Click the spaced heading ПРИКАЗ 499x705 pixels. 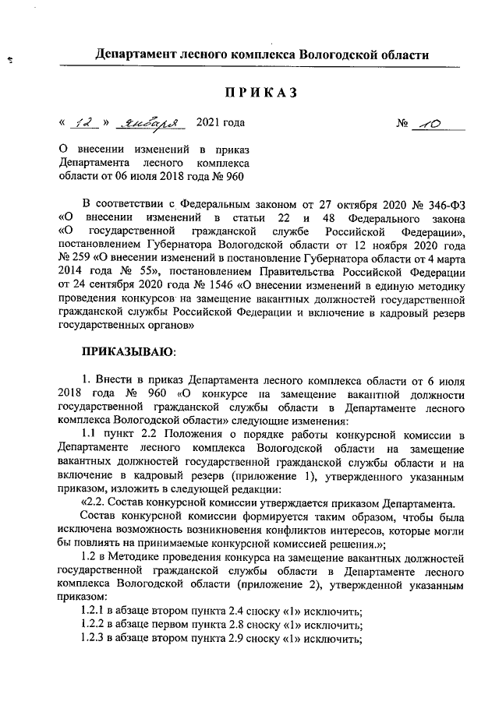[x=262, y=93]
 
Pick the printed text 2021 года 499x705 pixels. [x=220, y=123]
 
